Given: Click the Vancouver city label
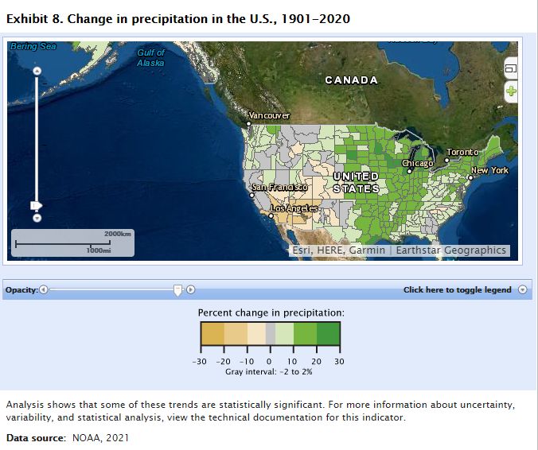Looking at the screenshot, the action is [269, 115].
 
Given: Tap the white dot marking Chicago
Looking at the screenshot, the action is [409, 171].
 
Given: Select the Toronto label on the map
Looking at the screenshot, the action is [462, 152].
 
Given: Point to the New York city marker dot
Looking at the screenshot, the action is [470, 177].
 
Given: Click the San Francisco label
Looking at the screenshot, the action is [279, 187].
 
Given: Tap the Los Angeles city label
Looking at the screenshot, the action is [294, 208].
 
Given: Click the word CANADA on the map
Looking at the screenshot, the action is [351, 80].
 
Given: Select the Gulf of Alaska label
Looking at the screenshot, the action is [150, 57].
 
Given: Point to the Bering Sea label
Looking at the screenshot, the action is [33, 46].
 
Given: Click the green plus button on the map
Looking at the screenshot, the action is [511, 91].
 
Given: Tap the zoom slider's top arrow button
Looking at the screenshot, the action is [37, 71].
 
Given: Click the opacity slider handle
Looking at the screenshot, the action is [177, 290].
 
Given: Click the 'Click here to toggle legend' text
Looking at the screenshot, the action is [458, 290].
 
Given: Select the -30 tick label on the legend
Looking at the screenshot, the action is [199, 361].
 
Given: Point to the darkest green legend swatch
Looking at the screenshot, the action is [329, 333].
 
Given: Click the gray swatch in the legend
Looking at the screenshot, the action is [271, 333].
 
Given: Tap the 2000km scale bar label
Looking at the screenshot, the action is [118, 234].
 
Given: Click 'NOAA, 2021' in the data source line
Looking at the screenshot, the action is [100, 437].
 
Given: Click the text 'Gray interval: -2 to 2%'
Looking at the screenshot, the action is [269, 372].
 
